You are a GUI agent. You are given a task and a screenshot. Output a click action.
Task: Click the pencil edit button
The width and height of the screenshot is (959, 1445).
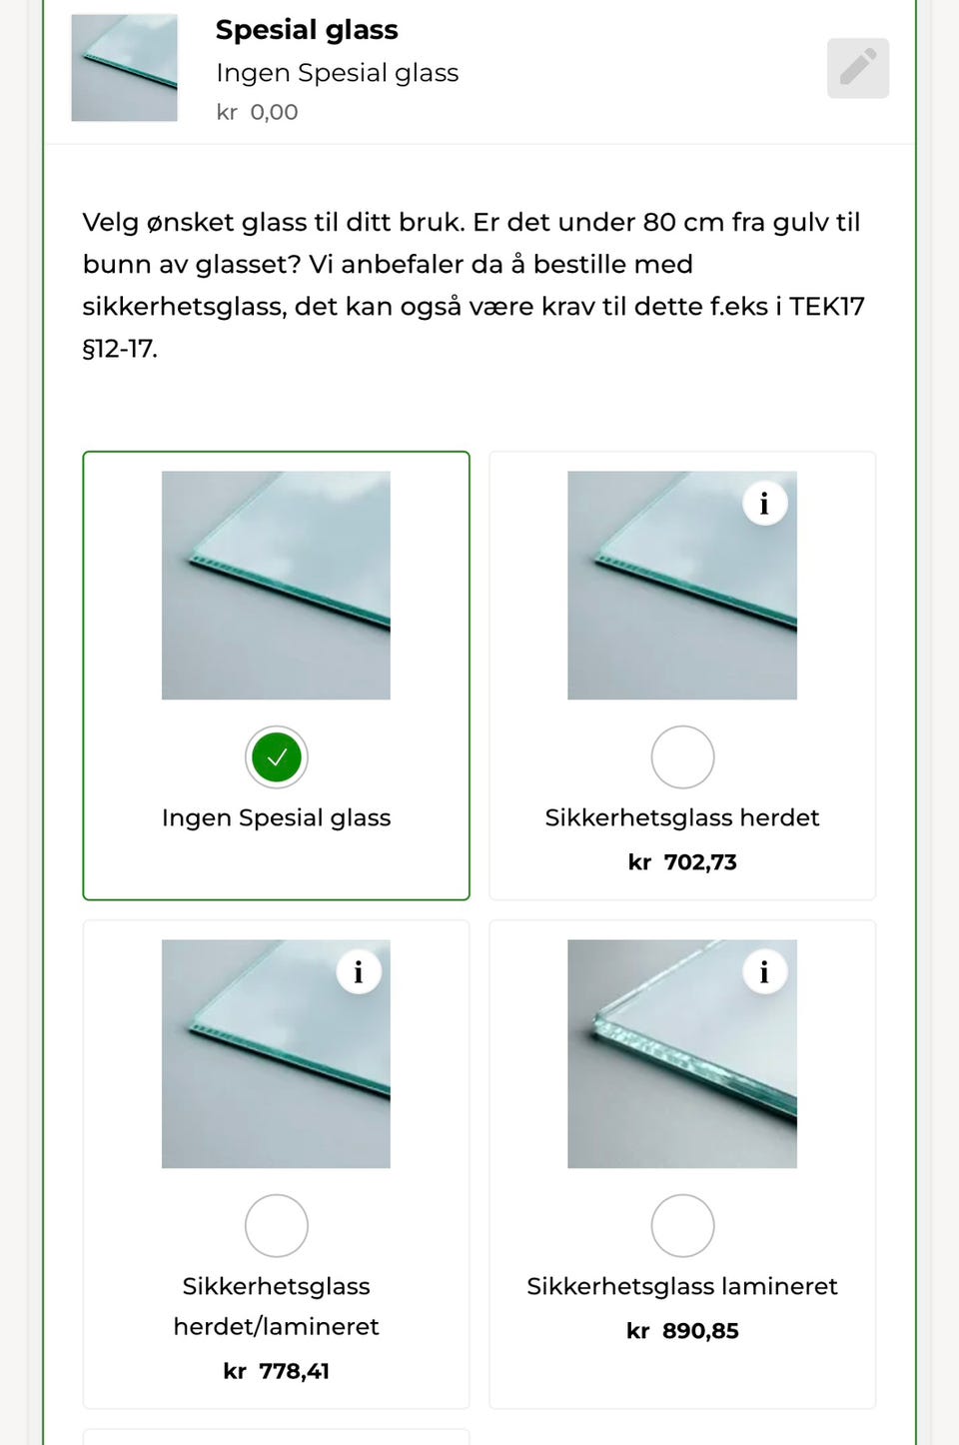pyautogui.click(x=857, y=68)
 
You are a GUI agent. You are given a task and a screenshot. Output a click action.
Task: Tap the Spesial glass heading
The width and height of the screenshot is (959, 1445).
pyautogui.click(x=307, y=30)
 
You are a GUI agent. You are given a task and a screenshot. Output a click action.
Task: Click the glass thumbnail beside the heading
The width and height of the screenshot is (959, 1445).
pyautogui.click(x=124, y=68)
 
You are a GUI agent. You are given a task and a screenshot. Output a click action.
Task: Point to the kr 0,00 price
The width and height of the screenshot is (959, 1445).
pyautogui.click(x=257, y=112)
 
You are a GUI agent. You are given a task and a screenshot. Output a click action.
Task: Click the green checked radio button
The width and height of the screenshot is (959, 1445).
pyautogui.click(x=277, y=757)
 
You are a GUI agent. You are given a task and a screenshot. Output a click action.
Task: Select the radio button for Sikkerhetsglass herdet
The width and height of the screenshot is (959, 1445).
pyautogui.click(x=682, y=757)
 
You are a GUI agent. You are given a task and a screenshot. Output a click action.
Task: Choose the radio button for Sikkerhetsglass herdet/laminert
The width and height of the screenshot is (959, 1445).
pyautogui.click(x=277, y=1225)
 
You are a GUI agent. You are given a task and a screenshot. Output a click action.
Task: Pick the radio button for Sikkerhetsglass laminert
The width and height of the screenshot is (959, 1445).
pyautogui.click(x=682, y=1225)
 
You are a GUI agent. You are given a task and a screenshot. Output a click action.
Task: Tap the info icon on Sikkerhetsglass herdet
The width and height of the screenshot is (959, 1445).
pyautogui.click(x=764, y=504)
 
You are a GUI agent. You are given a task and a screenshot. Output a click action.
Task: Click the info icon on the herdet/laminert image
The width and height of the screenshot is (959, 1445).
pyautogui.click(x=358, y=972)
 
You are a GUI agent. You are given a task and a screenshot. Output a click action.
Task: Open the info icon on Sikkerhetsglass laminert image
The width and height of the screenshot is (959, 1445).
pyautogui.click(x=764, y=972)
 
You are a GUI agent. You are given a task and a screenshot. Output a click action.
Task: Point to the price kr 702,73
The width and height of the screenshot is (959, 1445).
pyautogui.click(x=682, y=862)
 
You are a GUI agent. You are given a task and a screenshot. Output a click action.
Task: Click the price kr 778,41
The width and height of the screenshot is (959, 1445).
pyautogui.click(x=277, y=1371)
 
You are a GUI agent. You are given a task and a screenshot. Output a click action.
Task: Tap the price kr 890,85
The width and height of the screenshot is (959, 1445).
pyautogui.click(x=682, y=1331)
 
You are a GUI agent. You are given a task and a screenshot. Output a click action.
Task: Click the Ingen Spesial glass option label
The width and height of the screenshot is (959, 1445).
pyautogui.click(x=277, y=817)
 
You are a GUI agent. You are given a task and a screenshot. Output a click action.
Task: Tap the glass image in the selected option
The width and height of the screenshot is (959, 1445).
pyautogui.click(x=277, y=586)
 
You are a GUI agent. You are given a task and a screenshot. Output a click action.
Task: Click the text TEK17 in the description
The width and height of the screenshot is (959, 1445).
pyautogui.click(x=826, y=306)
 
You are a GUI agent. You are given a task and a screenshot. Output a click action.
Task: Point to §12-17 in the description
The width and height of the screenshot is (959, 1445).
pyautogui.click(x=120, y=349)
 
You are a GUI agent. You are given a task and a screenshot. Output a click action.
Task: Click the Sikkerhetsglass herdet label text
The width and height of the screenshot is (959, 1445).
pyautogui.click(x=682, y=817)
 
